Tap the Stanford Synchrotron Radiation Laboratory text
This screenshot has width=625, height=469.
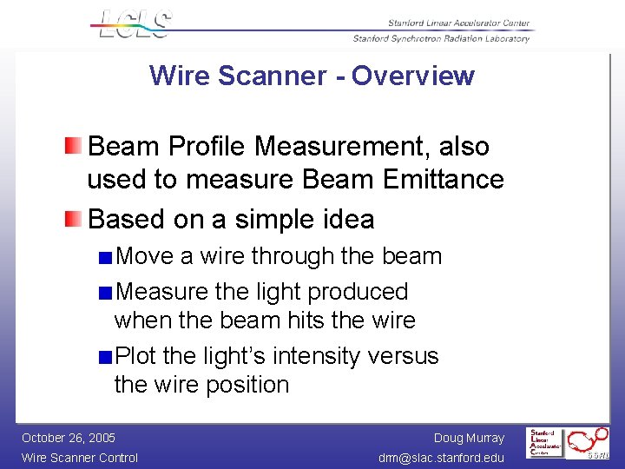441,38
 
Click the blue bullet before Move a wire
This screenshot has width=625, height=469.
105,257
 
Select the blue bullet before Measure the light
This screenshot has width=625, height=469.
105,292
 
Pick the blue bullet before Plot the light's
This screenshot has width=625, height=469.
105,356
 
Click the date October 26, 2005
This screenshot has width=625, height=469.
69,438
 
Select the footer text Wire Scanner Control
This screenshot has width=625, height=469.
80,458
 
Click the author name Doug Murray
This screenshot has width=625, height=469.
469,438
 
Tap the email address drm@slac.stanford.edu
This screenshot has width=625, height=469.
442,458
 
